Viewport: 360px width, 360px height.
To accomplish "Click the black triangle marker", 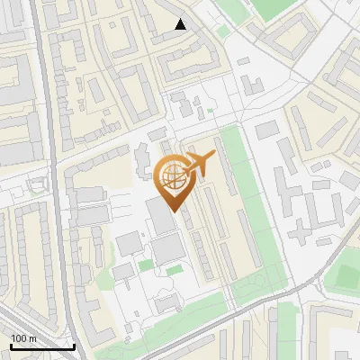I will (181, 24).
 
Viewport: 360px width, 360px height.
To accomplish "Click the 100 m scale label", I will (23, 338).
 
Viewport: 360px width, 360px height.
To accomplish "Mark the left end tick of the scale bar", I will (11, 346).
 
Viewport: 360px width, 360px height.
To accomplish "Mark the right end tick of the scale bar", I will (74, 346).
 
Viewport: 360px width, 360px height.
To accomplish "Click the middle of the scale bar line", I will (42, 347).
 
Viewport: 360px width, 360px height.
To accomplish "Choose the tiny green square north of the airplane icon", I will (210, 112).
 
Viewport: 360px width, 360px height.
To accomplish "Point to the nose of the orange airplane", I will (214, 156).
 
